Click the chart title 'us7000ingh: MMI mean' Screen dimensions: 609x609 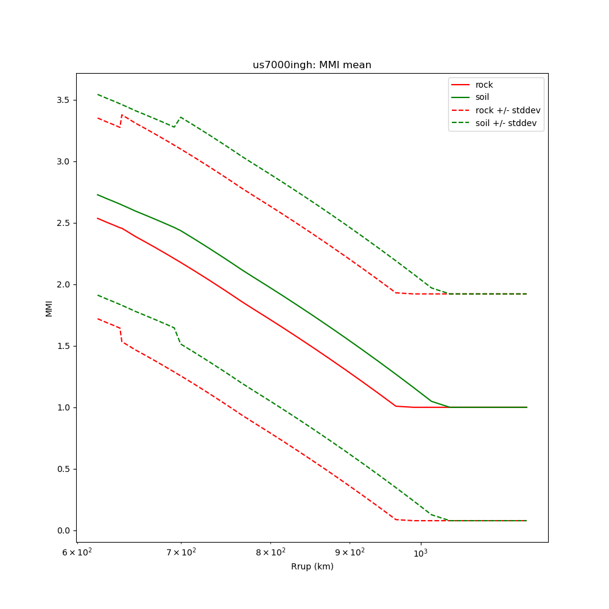(312, 65)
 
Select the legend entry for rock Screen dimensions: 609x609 (484, 85)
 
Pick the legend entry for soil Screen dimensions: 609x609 (482, 97)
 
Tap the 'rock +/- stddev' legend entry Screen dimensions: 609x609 (508, 110)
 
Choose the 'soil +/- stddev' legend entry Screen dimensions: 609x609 (508, 122)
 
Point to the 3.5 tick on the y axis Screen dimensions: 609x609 (63, 100)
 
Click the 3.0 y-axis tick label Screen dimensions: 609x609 (63, 161)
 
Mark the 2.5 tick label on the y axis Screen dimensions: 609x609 (63, 223)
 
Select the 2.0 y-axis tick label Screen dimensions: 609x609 (63, 284)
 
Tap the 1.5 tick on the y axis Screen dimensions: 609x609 (63, 346)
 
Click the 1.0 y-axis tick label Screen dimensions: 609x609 (63, 407)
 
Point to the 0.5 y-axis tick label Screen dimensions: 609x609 (63, 469)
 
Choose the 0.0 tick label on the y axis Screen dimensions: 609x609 (63, 530)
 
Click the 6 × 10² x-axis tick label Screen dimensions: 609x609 (77, 552)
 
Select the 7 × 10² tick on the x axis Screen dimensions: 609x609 (181, 552)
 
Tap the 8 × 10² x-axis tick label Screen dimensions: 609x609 (270, 552)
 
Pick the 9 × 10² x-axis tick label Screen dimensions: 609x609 (350, 552)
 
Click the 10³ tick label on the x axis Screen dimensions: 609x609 (420, 552)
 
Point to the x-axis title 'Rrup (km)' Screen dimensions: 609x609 (312, 566)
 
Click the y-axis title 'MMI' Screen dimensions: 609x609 (49, 308)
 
